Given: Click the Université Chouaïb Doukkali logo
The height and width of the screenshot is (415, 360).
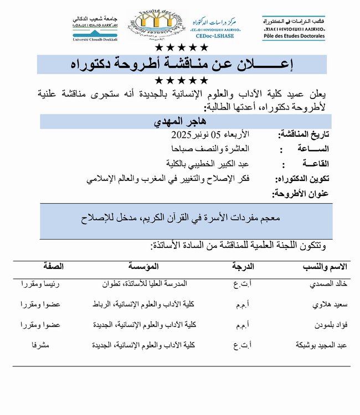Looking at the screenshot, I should point(96,28).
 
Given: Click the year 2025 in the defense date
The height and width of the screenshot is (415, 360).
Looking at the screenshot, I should point(181,135).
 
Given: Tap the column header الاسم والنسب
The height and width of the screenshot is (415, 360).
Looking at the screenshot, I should point(325,267).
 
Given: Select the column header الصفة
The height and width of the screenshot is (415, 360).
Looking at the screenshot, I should point(53,267).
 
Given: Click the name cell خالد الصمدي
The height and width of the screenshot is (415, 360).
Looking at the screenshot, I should point(330,284).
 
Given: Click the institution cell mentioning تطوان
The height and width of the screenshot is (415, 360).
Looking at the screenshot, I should point(145,284).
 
